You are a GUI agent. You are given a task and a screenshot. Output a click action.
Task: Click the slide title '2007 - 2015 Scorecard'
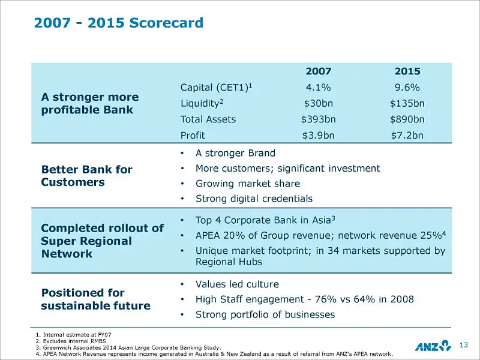tap(119, 23)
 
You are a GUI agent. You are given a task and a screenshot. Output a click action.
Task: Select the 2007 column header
tap(318, 71)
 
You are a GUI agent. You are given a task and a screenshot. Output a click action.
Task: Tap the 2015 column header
tap(407, 71)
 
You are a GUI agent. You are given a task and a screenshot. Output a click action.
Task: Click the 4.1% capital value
tap(318, 88)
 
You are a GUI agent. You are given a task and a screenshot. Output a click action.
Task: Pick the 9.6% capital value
tap(407, 88)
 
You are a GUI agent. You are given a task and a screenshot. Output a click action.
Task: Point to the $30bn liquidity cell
tap(318, 103)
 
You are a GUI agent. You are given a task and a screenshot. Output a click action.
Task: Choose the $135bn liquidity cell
tap(407, 103)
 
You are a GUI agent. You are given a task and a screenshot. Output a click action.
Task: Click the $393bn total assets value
tap(318, 119)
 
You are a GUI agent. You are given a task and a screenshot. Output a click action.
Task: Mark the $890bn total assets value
tap(407, 119)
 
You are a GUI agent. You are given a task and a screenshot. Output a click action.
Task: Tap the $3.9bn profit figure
tap(318, 135)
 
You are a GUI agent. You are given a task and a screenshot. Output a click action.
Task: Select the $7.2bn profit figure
tap(407, 135)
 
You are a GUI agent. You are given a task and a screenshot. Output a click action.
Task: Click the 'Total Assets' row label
tap(208, 119)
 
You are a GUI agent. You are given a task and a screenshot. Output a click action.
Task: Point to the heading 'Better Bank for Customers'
tap(86, 176)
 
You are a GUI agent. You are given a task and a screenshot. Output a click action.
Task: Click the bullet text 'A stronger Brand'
tap(235, 153)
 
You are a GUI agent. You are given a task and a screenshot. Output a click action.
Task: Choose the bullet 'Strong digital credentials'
tap(254, 199)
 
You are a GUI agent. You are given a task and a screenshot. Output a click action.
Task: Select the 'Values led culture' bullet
tap(237, 284)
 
